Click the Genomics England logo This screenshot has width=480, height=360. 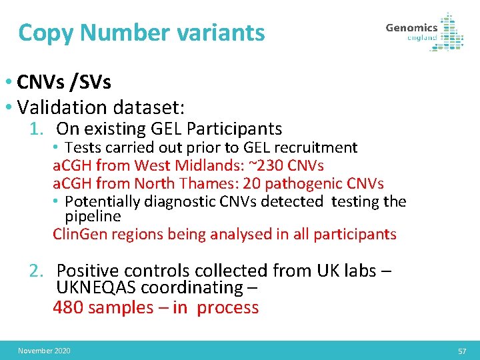tap(424, 32)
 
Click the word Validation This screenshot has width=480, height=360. tap(63, 107)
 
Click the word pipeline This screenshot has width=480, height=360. tap(93, 217)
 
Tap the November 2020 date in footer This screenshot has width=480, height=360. tap(44, 351)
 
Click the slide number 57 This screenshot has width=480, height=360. tap(462, 351)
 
